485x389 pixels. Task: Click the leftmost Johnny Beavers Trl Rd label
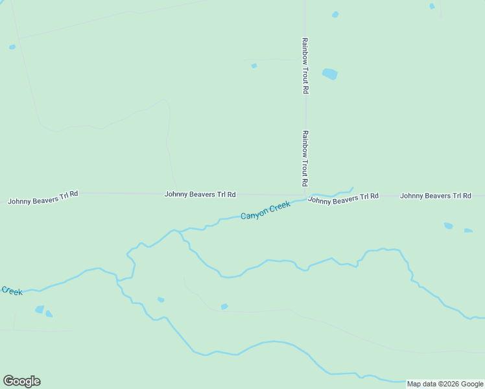[x=43, y=197]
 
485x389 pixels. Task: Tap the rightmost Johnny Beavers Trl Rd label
[x=435, y=195]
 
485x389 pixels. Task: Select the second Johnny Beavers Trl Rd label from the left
[x=200, y=194]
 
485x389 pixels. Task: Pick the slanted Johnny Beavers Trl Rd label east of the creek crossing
[x=343, y=198]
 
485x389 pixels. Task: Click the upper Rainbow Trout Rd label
[x=305, y=65]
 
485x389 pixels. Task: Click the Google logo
[x=21, y=381]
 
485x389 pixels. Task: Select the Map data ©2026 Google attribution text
[x=445, y=384]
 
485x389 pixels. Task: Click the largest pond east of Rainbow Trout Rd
[x=330, y=74]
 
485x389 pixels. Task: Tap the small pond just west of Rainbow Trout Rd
[x=254, y=65]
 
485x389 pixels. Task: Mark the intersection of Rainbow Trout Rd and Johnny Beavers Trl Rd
[x=305, y=194]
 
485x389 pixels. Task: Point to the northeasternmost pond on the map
[x=432, y=6]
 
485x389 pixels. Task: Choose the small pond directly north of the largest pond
[x=335, y=14]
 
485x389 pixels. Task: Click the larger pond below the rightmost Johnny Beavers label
[x=448, y=226]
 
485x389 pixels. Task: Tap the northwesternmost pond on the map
[x=12, y=47]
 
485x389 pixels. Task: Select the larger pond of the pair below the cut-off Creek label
[x=40, y=309]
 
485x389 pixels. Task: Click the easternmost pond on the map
[x=468, y=230]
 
